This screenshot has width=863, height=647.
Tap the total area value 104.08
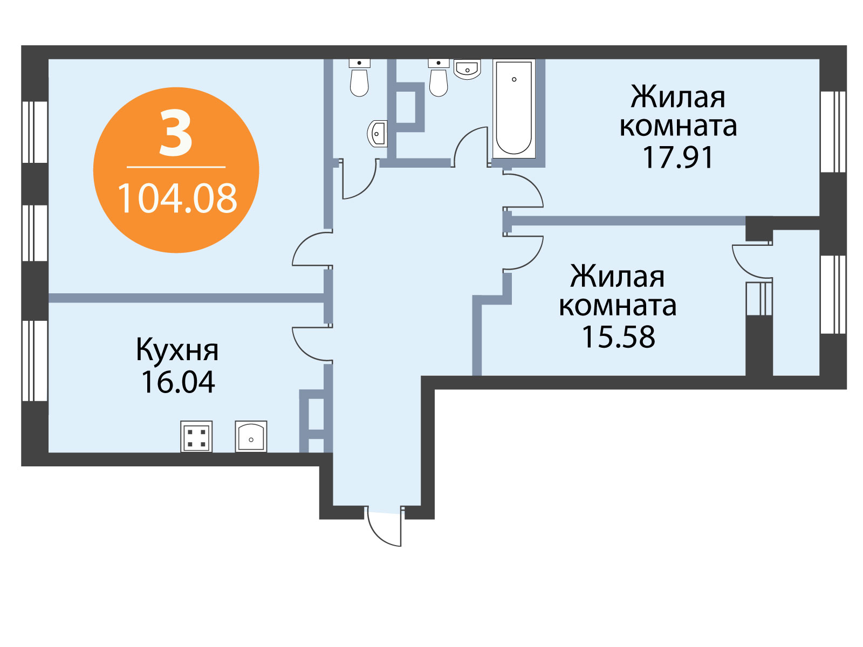tap(177, 198)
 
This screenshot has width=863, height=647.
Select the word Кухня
tap(177, 349)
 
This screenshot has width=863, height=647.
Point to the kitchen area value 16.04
tap(177, 382)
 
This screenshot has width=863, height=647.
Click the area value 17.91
tap(677, 157)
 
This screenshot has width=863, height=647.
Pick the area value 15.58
tap(618, 336)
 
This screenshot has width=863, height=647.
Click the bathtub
tap(513, 108)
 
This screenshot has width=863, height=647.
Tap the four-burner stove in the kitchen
tap(196, 436)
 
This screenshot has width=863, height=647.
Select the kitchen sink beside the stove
tap(251, 436)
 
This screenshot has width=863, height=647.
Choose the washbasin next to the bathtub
tap(467, 69)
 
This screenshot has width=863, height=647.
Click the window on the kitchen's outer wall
tap(35, 361)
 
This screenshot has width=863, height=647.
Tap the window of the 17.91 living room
tap(833, 132)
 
